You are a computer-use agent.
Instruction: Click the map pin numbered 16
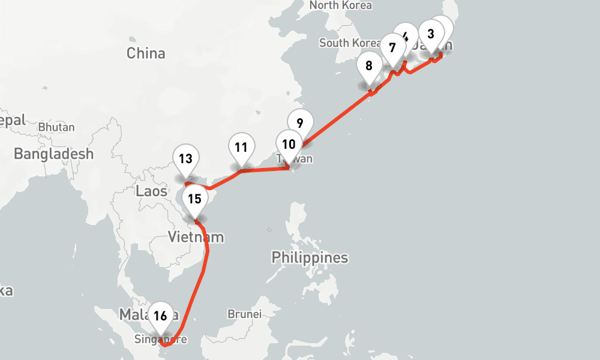(160, 316)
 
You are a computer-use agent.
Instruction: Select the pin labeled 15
(194, 199)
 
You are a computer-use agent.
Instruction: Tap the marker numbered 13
(185, 159)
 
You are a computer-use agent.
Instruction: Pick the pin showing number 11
(241, 147)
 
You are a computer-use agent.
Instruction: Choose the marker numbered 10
(289, 144)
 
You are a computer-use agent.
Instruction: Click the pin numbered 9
(300, 123)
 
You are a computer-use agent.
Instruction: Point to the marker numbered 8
(369, 66)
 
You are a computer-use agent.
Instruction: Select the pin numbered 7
(392, 47)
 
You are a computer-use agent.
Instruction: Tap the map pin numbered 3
(431, 34)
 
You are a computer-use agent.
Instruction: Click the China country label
(146, 53)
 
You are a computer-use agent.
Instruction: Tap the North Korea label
(340, 5)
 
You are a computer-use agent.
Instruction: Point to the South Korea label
(350, 43)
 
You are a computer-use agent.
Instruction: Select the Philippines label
(310, 258)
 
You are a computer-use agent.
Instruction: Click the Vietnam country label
(196, 237)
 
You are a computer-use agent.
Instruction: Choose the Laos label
(152, 191)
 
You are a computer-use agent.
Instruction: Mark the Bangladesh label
(54, 154)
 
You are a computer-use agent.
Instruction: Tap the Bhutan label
(56, 127)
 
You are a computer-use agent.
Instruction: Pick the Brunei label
(245, 314)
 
